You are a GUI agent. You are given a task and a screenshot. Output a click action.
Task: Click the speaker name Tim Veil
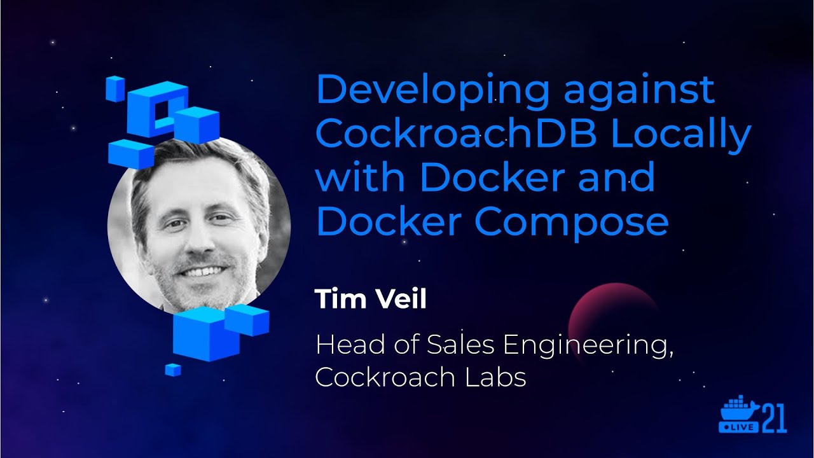(x=370, y=298)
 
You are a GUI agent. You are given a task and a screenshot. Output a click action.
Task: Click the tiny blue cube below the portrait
(x=172, y=370)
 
